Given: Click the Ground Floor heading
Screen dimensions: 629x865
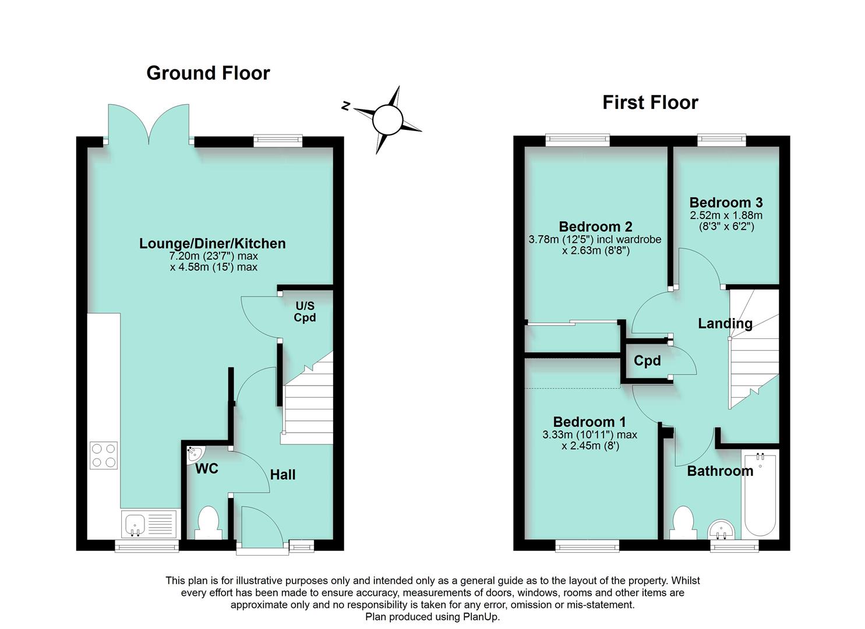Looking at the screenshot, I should click(x=208, y=73).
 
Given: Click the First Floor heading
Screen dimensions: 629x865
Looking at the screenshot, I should click(x=649, y=103).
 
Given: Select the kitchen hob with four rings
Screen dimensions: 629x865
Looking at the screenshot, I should click(x=104, y=455).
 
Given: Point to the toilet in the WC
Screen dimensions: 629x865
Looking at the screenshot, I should click(x=208, y=522).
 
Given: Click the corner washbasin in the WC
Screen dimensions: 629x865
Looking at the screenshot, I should click(x=194, y=454).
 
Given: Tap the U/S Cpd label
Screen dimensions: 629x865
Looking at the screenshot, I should click(x=305, y=312).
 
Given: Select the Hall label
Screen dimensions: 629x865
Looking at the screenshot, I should click(x=283, y=475).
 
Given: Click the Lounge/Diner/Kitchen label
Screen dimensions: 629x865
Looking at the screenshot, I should click(x=212, y=243).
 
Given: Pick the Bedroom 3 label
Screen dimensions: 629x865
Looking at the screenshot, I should click(x=726, y=203).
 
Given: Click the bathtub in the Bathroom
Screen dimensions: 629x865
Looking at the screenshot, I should click(x=760, y=495).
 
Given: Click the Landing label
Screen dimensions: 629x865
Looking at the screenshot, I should click(x=725, y=323).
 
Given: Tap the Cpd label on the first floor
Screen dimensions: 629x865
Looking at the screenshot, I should click(x=647, y=361).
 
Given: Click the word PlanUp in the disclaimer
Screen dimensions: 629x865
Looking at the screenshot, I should click(x=481, y=617).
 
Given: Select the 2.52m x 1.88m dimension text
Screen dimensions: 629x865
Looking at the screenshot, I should click(x=726, y=215).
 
